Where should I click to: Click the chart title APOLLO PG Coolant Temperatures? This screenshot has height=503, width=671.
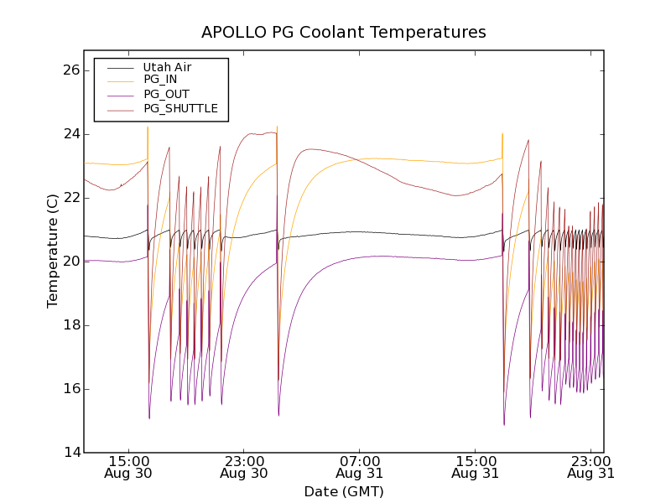pos(344,33)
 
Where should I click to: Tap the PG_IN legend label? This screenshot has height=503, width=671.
pos(160,80)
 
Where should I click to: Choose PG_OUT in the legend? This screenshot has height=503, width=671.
pos(166,94)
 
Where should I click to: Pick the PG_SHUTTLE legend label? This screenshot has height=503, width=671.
pos(180,108)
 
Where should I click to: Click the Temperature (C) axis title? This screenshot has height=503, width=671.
pos(53,251)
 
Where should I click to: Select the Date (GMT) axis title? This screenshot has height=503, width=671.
pos(344,491)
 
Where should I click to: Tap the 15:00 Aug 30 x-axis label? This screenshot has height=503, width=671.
pos(128,467)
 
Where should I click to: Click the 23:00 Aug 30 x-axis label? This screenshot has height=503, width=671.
pos(244,467)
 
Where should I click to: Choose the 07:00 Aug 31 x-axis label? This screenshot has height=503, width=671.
pos(360,467)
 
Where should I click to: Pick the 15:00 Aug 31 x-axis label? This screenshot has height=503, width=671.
pos(476,467)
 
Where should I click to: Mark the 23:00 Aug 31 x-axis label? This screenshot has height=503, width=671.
pos(591,467)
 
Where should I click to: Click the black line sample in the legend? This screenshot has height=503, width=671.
pos(118,67)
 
